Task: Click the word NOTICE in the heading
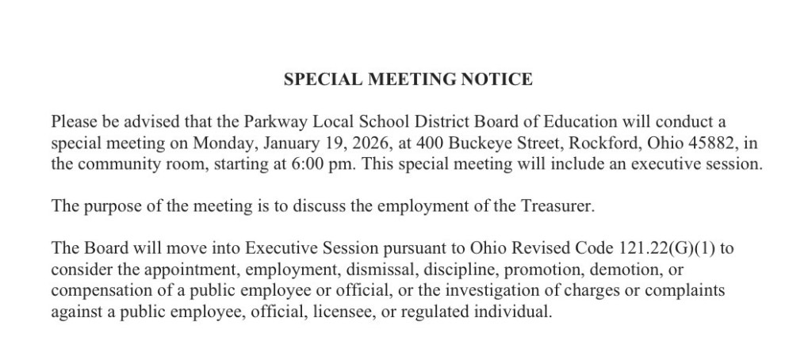500,79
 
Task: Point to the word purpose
107,207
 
